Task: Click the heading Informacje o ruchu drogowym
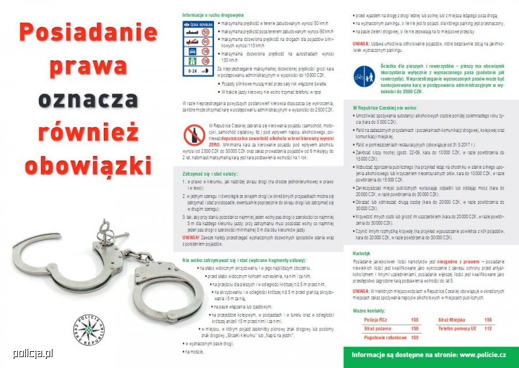coord(205,15)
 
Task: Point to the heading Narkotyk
coord(362,253)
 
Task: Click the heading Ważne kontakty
coord(368,310)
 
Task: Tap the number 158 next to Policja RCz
coord(414,320)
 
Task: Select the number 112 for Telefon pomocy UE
coord(488,328)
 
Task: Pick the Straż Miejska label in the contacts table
coord(450,320)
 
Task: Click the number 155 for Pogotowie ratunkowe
coord(414,337)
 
